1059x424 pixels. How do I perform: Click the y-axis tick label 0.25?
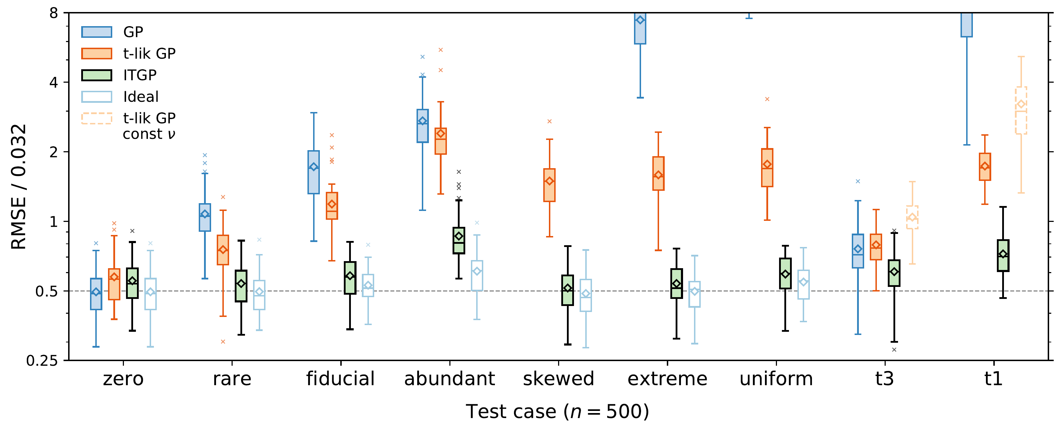coord(42,361)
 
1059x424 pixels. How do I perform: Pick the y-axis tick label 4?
coord(53,83)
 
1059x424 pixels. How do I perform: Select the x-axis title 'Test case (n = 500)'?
coord(557,411)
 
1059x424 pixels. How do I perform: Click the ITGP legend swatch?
coord(97,75)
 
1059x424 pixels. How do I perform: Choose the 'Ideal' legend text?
coord(140,97)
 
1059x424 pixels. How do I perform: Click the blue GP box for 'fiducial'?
coord(314,172)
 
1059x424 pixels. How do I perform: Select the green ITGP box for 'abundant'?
coord(459,240)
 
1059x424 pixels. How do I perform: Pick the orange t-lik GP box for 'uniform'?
coord(767,167)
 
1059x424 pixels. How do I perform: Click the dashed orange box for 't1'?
coord(1021,110)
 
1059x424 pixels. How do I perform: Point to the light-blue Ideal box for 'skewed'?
coord(586,295)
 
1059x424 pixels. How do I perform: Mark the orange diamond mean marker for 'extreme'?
coord(659,175)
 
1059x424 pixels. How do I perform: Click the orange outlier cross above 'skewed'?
coord(550,122)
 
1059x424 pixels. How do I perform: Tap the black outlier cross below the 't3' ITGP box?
coord(894,350)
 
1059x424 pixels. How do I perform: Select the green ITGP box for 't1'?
coord(1003,255)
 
